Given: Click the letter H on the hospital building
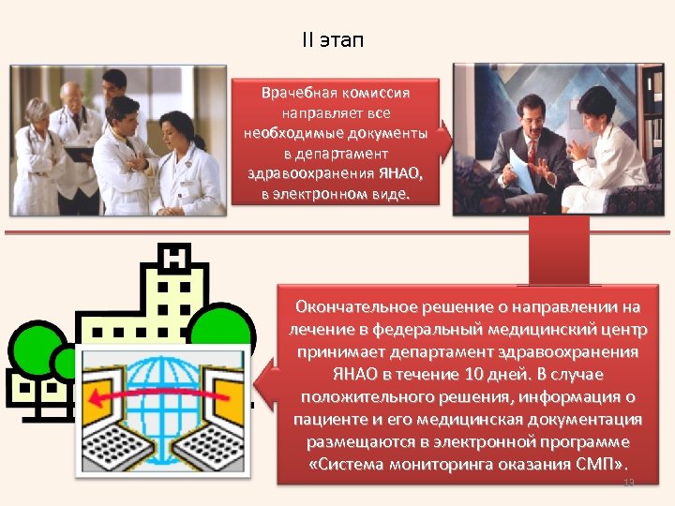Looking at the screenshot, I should [175, 256].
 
